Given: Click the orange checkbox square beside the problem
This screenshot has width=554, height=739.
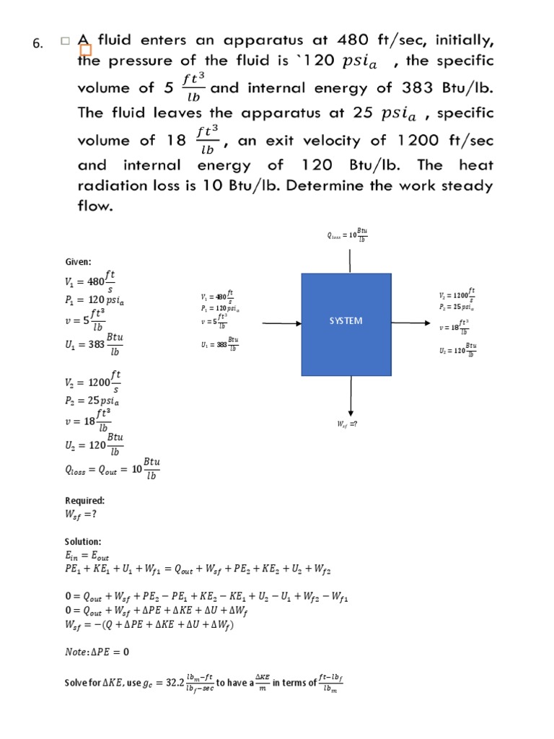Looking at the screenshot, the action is (86, 50).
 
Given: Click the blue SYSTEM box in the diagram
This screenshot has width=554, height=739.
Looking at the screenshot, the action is (346, 324).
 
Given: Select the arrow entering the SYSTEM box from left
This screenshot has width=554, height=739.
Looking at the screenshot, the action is (281, 324).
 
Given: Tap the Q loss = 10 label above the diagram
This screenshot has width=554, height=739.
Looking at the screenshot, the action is (348, 235).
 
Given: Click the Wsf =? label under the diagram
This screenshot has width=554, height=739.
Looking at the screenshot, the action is (347, 425).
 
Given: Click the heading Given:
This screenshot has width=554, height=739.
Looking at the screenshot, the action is (78, 262).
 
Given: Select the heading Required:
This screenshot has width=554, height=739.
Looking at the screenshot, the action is (84, 500).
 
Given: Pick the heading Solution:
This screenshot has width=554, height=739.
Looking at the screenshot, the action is (83, 541).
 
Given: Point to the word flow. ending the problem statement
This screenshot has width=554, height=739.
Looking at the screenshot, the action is (96, 206).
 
